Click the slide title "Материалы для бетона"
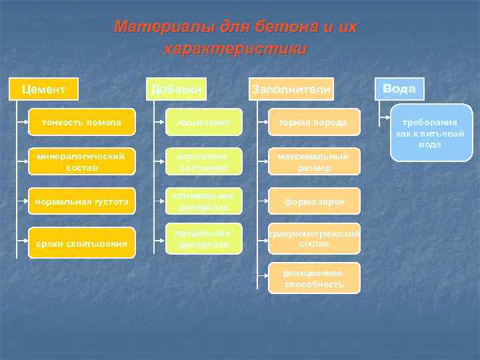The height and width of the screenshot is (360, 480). click(x=235, y=27)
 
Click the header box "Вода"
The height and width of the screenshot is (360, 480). click(x=399, y=89)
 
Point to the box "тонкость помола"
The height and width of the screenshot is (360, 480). click(x=81, y=123)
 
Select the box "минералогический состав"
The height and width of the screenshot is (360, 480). click(x=81, y=162)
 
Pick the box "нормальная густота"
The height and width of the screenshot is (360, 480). click(x=81, y=201)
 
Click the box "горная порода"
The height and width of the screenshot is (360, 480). click(x=314, y=123)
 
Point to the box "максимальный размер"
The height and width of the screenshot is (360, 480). click(x=314, y=162)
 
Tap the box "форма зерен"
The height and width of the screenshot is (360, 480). click(x=314, y=201)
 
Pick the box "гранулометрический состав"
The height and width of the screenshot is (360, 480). click(x=314, y=239)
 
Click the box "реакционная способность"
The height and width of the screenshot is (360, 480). click(x=314, y=278)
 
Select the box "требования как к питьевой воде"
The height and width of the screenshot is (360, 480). click(x=431, y=133)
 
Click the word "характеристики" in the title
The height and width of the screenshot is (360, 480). click(x=235, y=49)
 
